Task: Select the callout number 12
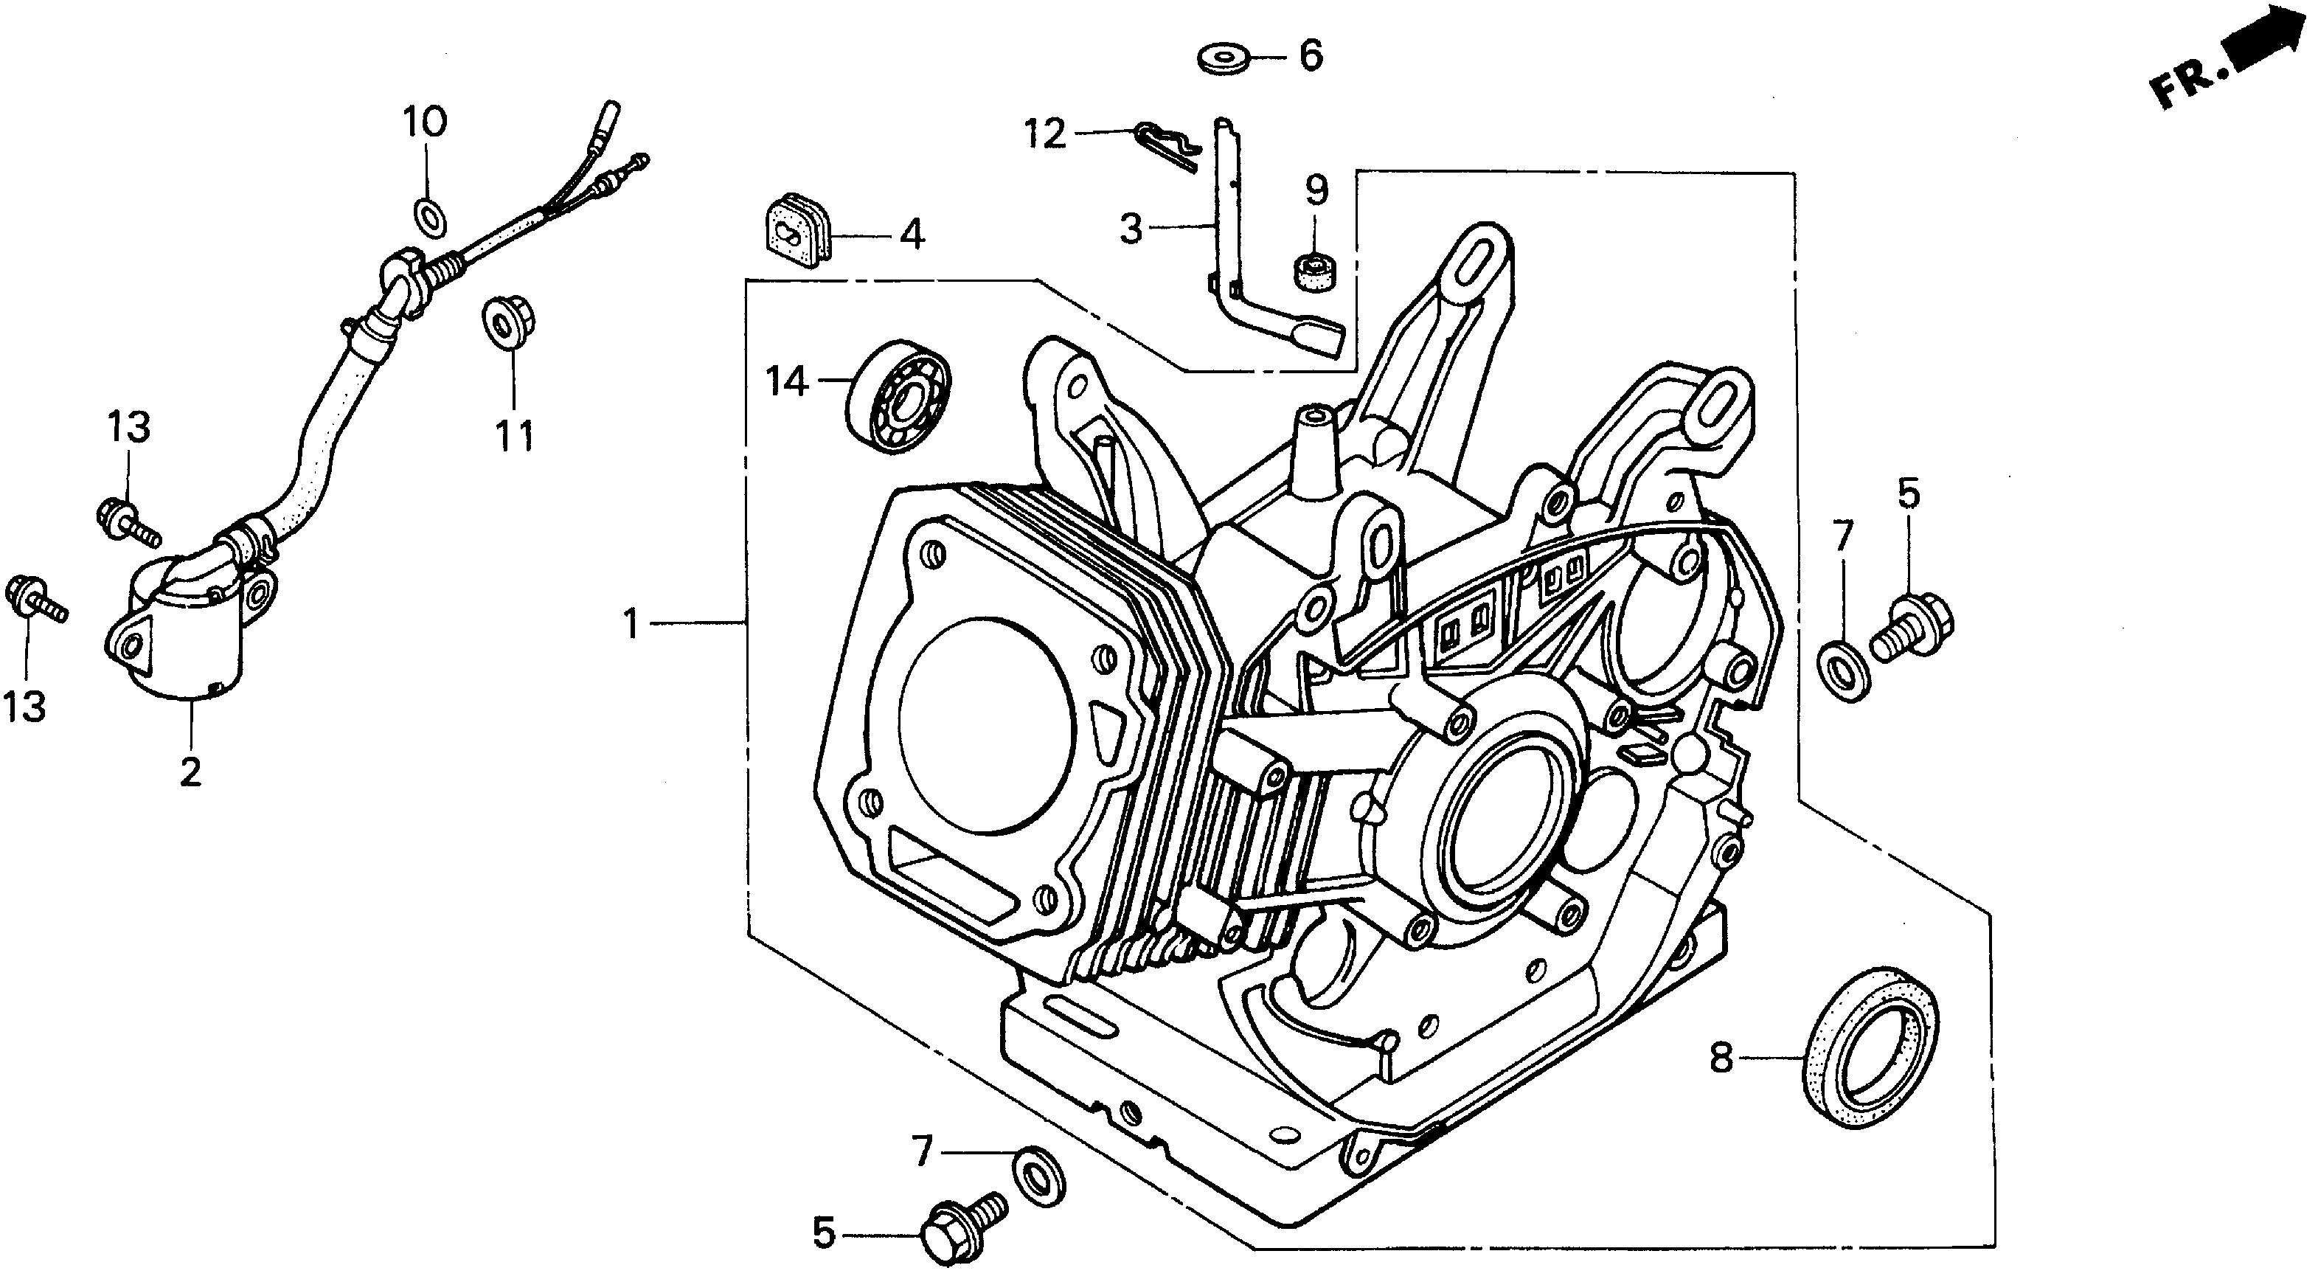tap(1046, 135)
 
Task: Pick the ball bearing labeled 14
tap(898, 396)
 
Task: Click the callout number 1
tap(632, 623)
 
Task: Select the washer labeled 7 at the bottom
tap(1038, 1176)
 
